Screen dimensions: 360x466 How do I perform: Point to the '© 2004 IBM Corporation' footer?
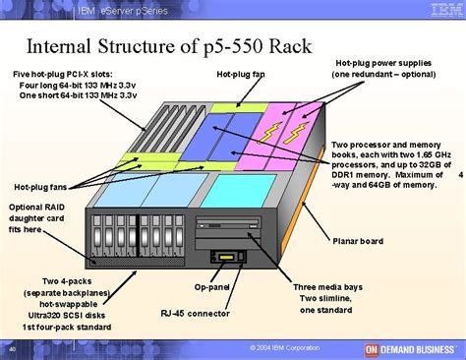285,347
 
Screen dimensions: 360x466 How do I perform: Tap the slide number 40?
11,348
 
